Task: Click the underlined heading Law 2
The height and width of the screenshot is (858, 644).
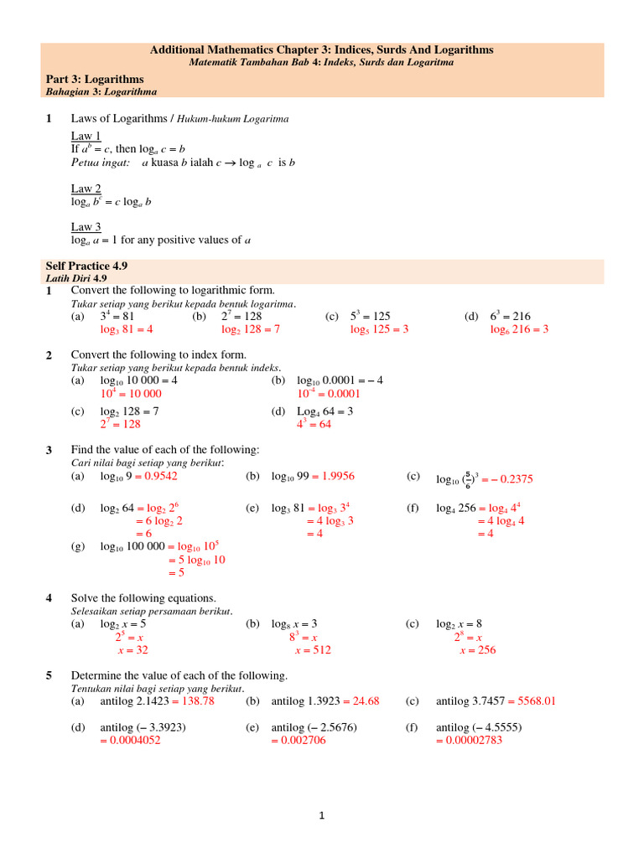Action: tap(86, 189)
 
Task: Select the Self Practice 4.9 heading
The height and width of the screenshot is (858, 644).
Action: tap(88, 265)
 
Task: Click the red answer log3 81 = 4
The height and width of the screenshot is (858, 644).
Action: tap(126, 329)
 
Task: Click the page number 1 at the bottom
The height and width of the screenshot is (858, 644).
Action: tap(321, 818)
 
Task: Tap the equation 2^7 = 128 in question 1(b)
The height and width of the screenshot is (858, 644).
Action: tap(241, 316)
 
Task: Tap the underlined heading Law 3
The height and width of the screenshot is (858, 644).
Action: tap(86, 227)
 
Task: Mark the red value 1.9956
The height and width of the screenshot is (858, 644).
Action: tap(338, 476)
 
